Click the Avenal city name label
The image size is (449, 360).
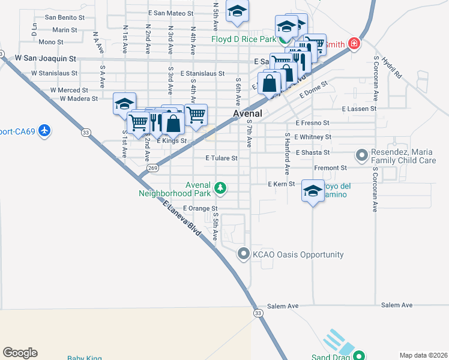point(247,113)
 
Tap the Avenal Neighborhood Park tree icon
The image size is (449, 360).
point(221,188)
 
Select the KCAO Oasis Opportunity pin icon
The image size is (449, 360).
point(243,254)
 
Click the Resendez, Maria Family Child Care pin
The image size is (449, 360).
point(362,156)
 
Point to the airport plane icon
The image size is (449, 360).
point(44,130)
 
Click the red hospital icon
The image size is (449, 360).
point(354,44)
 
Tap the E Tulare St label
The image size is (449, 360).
point(221,159)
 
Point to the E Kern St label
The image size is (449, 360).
point(282,184)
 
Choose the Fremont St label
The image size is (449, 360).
point(331,168)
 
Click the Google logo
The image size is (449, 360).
point(20,353)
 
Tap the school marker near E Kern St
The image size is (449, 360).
point(313,191)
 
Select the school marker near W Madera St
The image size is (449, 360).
point(125,104)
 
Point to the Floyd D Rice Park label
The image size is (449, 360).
point(244,40)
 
